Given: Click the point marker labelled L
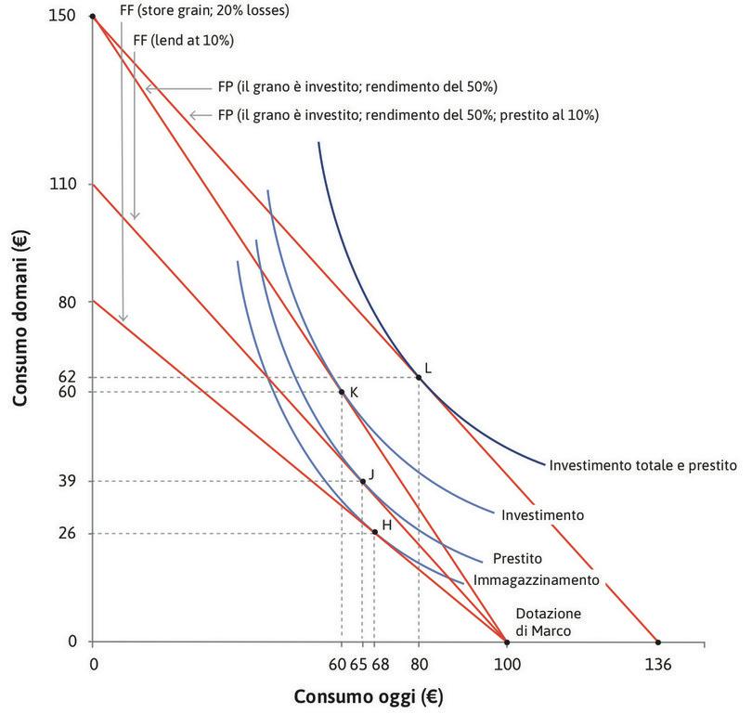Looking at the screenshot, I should (419, 377).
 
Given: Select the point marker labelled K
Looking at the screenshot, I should (342, 392).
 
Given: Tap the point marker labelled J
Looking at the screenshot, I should (362, 481).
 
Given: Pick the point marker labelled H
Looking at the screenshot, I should (374, 531).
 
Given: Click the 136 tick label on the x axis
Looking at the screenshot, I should (657, 664).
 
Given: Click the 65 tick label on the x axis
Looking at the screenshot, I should (360, 664).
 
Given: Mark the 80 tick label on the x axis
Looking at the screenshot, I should (419, 664).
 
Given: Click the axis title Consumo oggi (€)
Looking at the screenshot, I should (372, 695).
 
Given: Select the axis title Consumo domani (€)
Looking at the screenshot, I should (20, 331).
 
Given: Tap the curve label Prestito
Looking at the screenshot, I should (518, 560).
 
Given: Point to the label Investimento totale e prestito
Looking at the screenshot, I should (642, 463).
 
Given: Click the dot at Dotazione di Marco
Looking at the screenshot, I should (506, 642).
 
